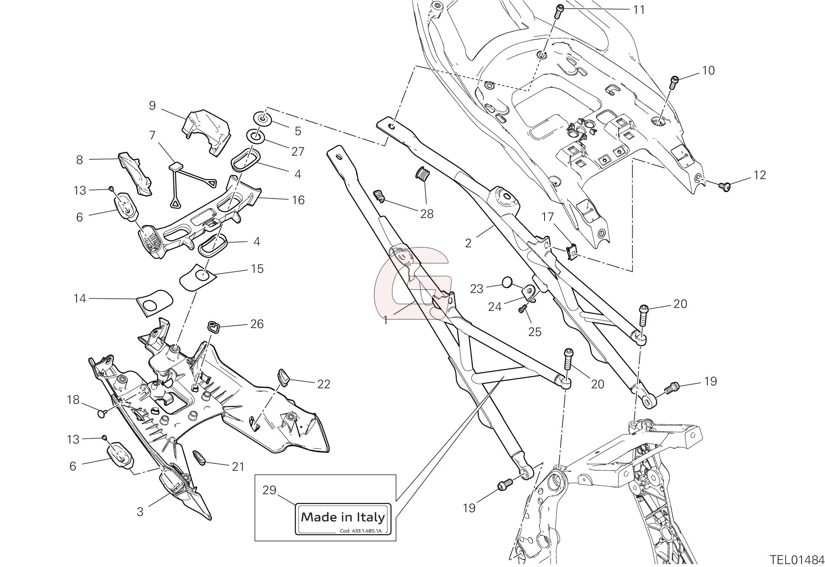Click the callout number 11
pos(639,10)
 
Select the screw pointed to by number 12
pos(725,185)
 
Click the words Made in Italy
pos(343,517)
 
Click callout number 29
pos(270,490)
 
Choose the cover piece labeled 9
pos(207,131)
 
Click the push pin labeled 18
pos(102,413)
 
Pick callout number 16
pos(298,200)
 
